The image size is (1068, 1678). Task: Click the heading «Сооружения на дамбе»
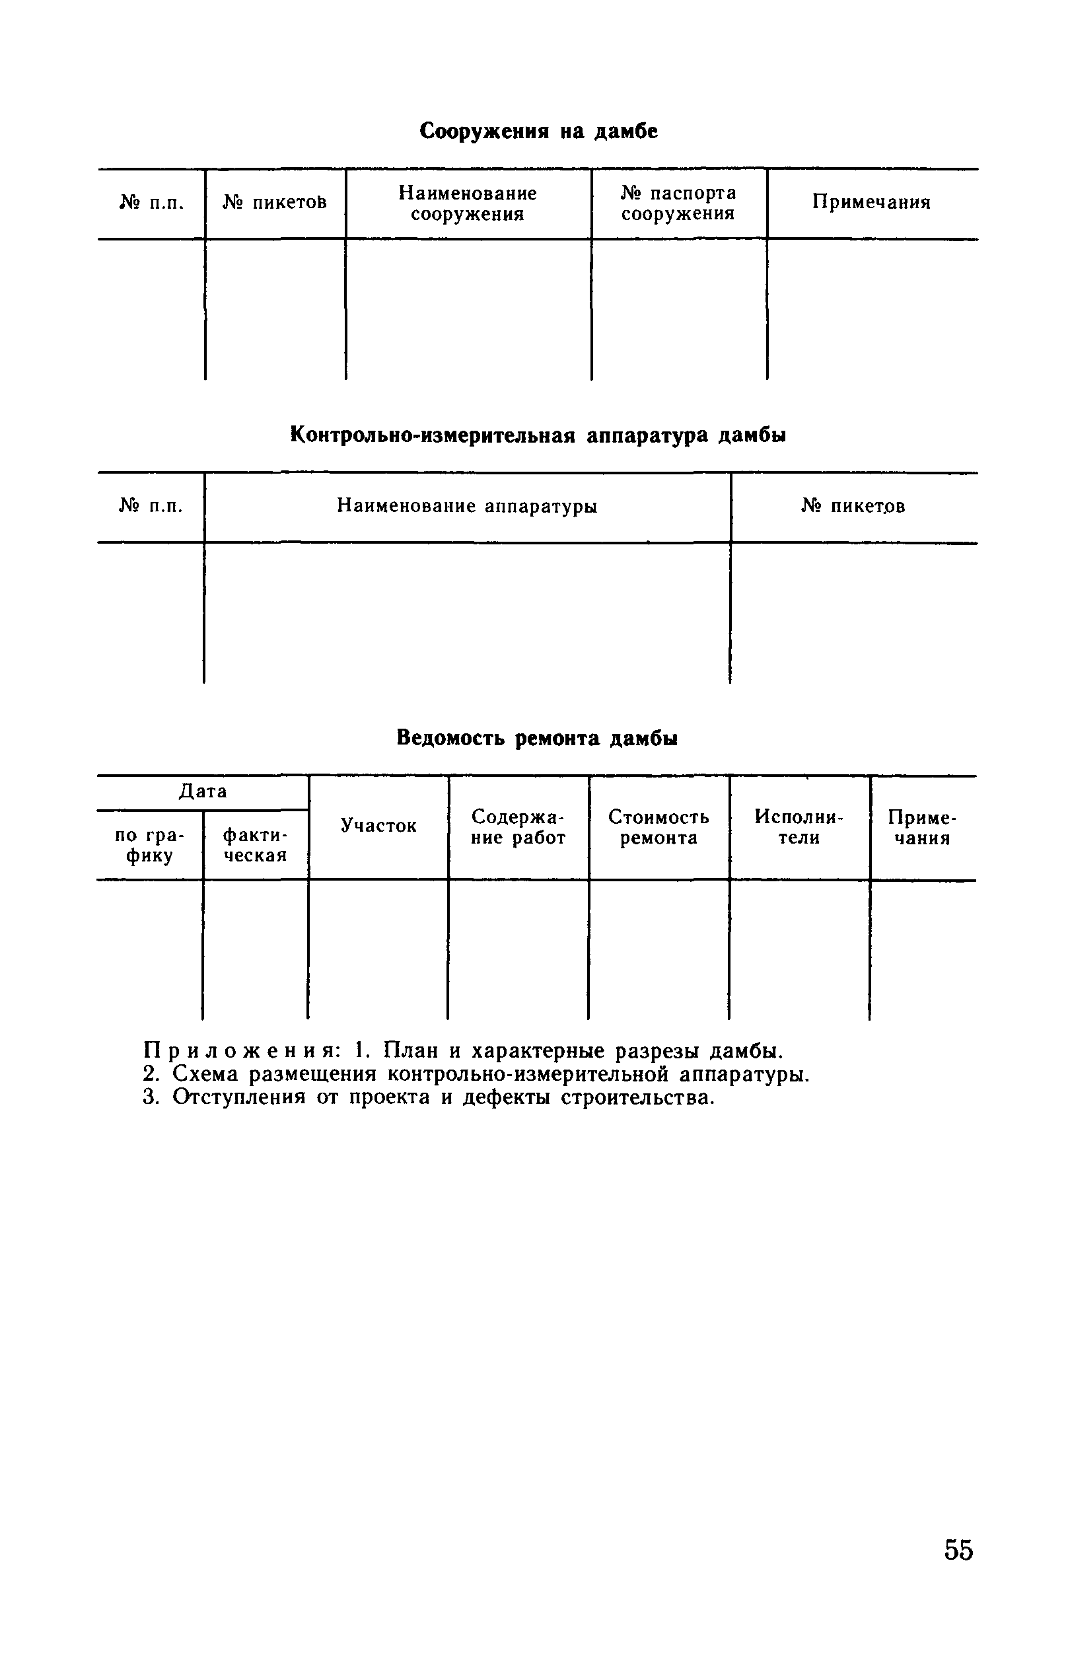(x=538, y=131)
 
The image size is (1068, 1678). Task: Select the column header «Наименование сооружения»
(x=468, y=203)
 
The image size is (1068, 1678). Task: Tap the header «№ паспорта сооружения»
(x=678, y=203)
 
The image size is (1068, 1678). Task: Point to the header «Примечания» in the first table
(x=872, y=202)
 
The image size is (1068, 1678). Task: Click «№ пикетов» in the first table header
(x=275, y=202)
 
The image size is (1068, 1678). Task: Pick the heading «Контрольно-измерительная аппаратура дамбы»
(x=538, y=435)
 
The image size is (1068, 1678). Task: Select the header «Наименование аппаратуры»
(x=467, y=506)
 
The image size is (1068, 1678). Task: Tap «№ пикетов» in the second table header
(x=853, y=506)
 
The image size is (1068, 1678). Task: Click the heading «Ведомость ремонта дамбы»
(x=537, y=738)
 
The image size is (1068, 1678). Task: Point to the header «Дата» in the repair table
(x=203, y=791)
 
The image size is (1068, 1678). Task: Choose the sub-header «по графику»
(x=150, y=844)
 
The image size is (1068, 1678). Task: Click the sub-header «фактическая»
(x=255, y=844)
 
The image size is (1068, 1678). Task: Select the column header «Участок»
(x=378, y=826)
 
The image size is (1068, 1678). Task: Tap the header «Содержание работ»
(x=518, y=827)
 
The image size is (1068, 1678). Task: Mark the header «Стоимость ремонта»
(x=659, y=827)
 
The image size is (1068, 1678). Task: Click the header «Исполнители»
(x=799, y=827)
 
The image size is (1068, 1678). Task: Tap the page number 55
(x=958, y=1550)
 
